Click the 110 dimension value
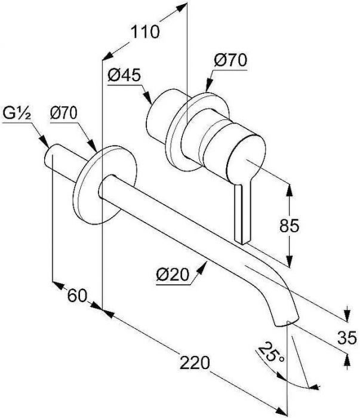pos(145,32)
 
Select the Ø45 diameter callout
pos(124,75)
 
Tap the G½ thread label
pos(17,114)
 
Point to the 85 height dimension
pos(289,226)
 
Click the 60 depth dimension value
pos(77,296)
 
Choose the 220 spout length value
pos(195,362)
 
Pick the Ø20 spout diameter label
pos(173,275)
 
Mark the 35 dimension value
pos(347,338)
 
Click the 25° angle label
pos(271,352)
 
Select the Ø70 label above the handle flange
pos(230,60)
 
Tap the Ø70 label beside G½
pos(64,113)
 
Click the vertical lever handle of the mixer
pos(242,211)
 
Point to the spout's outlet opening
pos(286,322)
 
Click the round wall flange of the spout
pos(104,185)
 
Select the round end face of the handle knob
pos(246,160)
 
